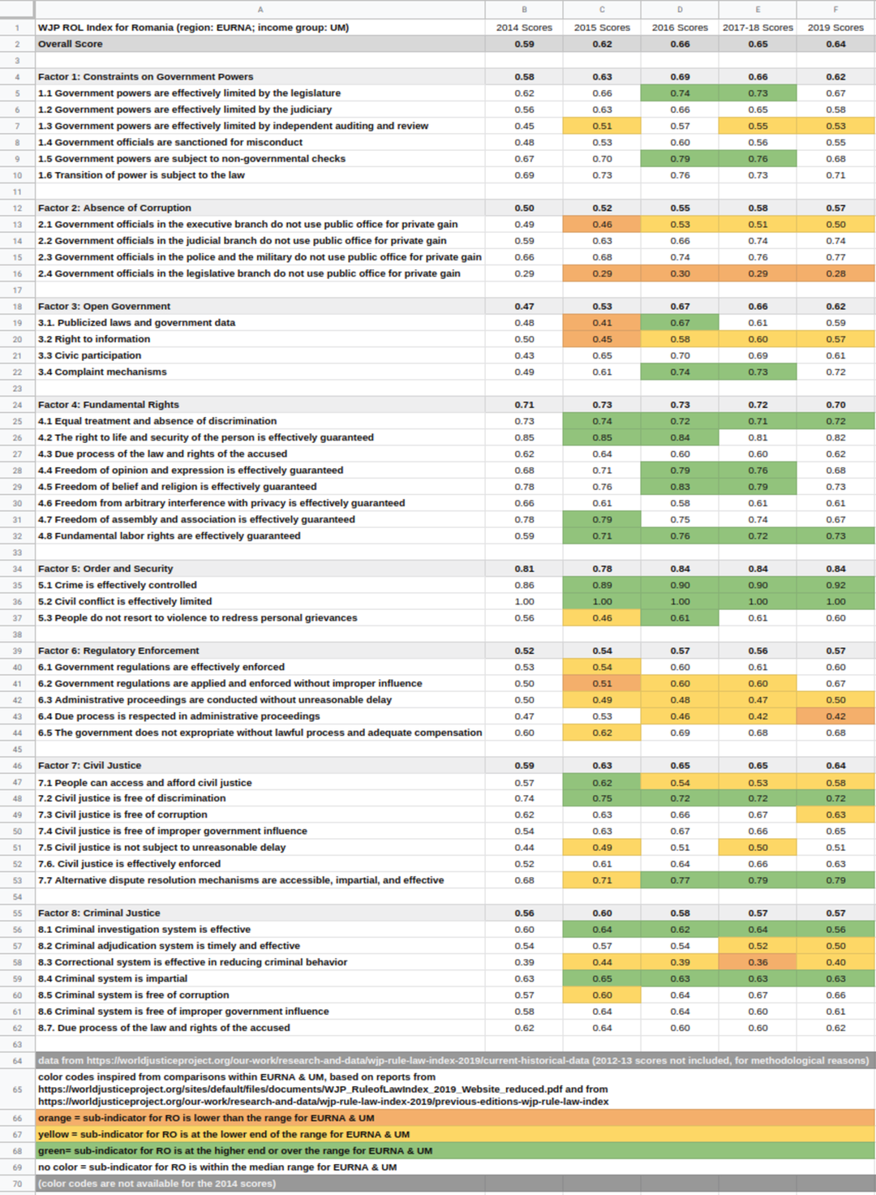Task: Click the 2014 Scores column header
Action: tap(524, 28)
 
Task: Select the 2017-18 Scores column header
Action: tap(758, 28)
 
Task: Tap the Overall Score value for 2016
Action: tap(680, 44)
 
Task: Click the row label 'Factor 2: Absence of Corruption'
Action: tap(114, 208)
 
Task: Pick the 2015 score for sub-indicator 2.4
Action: tap(602, 273)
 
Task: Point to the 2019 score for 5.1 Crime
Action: tap(835, 585)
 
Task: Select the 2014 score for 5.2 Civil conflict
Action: tap(524, 601)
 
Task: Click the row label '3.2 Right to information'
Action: tap(94, 339)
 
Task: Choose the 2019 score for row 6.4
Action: tap(835, 716)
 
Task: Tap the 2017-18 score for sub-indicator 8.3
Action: tap(758, 962)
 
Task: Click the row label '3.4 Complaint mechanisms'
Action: tap(102, 372)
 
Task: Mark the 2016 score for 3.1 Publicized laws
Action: tap(680, 322)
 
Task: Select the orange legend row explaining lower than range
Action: tap(206, 1118)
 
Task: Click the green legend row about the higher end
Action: tap(235, 1150)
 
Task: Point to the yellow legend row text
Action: tap(224, 1134)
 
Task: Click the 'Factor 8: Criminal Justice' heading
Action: tap(99, 913)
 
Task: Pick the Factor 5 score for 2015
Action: tap(602, 569)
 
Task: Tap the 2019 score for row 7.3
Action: tap(835, 815)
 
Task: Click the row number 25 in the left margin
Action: tap(17, 421)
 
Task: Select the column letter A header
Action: tap(260, 10)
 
